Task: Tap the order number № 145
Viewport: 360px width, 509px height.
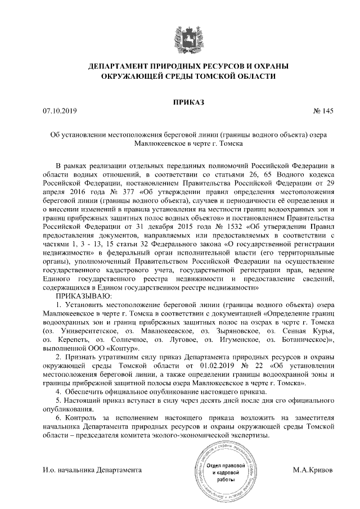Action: pos(323,111)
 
